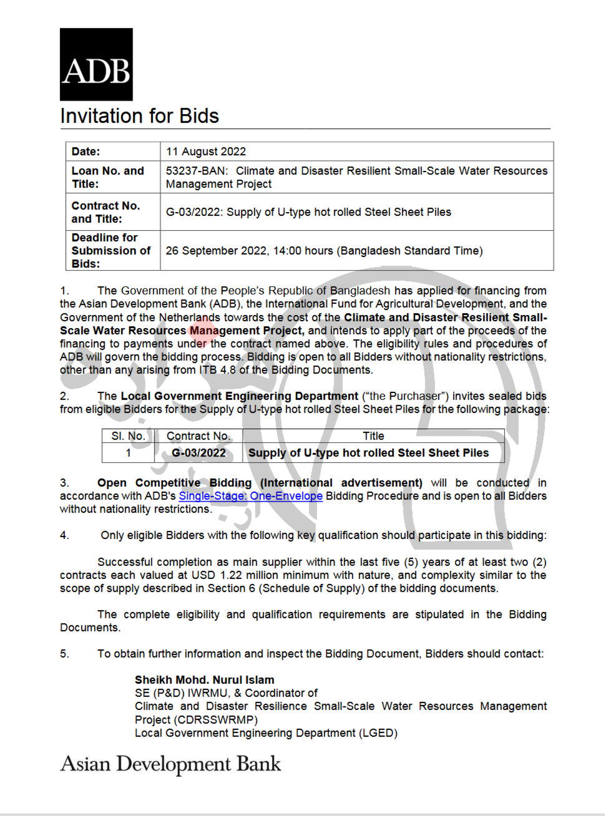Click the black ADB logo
tap(96, 64)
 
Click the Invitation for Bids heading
tap(139, 116)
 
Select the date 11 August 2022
tap(206, 152)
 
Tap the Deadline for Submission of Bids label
tap(111, 250)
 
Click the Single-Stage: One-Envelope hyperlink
tap(250, 496)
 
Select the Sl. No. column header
tap(128, 436)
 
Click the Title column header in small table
tap(373, 436)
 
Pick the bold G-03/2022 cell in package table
tap(198, 453)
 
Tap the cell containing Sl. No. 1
tap(129, 453)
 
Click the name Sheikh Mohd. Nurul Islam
tap(204, 680)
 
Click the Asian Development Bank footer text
tap(170, 765)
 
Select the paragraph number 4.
tap(64, 535)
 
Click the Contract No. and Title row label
tap(106, 212)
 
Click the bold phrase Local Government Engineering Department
tap(239, 396)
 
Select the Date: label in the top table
tap(86, 152)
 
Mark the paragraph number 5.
tap(64, 654)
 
